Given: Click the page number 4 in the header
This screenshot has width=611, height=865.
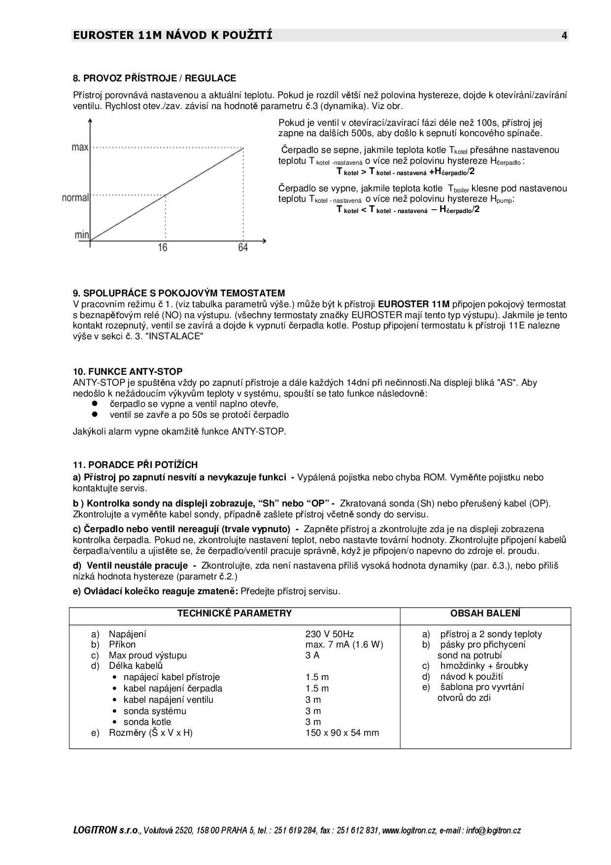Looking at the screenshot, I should [564, 36].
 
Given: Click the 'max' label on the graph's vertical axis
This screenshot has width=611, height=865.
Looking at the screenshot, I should [80, 147].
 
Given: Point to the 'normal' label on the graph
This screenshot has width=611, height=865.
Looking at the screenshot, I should [75, 198].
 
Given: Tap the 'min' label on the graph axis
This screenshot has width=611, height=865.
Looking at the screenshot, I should [82, 235].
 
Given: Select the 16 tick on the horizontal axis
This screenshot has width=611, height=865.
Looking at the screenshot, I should [163, 248].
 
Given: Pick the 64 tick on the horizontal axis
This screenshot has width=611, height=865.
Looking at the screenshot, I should [243, 248].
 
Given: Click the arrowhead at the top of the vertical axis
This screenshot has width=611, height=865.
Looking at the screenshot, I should [90, 120].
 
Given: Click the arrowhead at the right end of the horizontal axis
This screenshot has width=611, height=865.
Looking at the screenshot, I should [265, 241].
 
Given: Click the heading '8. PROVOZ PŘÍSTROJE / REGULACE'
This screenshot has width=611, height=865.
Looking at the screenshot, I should [154, 78].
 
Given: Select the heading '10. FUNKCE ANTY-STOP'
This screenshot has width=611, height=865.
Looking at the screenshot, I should [128, 372].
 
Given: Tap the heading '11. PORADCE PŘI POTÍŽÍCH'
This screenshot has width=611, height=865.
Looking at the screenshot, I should [135, 465].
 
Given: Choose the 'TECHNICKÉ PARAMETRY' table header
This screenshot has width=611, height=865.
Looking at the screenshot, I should [235, 613].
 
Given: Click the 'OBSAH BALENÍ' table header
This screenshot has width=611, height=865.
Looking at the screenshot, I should [485, 613].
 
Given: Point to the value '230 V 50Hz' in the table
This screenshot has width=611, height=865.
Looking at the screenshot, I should [329, 634].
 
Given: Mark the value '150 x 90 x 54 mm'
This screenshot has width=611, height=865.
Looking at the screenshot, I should [342, 733].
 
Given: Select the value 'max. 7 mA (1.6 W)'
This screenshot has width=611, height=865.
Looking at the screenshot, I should [344, 645].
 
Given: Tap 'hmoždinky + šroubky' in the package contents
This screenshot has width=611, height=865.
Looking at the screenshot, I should [484, 666].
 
